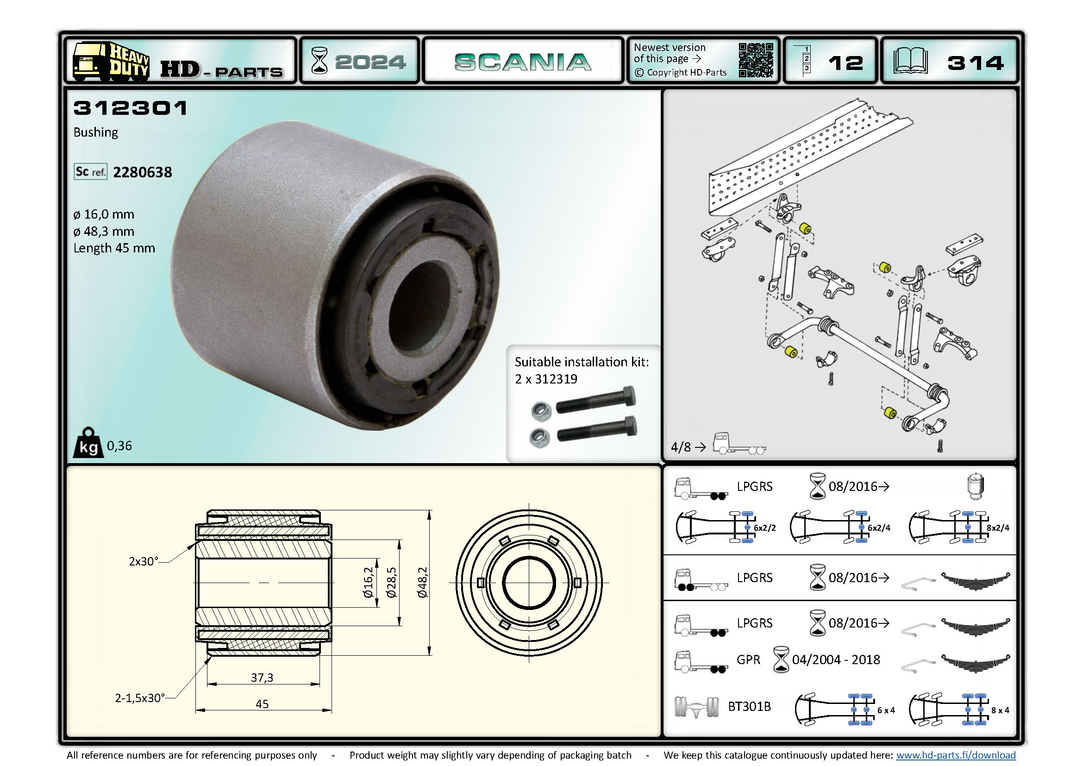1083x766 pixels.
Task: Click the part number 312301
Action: (131, 108)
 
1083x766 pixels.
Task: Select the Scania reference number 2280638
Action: (143, 172)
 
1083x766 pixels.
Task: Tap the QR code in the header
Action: (756, 60)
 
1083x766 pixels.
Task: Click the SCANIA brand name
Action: (523, 62)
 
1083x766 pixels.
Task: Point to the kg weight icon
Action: (88, 443)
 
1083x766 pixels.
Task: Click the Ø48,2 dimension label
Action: (422, 583)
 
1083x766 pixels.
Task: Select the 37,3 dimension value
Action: (262, 678)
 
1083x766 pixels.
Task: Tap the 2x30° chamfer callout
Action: (144, 561)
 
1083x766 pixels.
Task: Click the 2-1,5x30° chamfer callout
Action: (140, 697)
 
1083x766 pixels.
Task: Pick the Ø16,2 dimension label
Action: (369, 583)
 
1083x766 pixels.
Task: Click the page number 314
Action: (975, 63)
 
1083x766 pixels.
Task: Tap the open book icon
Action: (910, 61)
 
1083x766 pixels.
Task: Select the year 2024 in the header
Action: (370, 62)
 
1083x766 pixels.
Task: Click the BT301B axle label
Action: (749, 706)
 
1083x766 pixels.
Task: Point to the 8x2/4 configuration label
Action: (998, 528)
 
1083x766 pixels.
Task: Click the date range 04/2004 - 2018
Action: (836, 659)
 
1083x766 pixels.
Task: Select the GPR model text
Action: (749, 659)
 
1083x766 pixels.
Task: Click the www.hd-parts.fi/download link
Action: (956, 755)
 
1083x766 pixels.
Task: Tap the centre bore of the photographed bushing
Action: (420, 307)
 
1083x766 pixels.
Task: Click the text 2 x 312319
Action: (546, 379)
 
